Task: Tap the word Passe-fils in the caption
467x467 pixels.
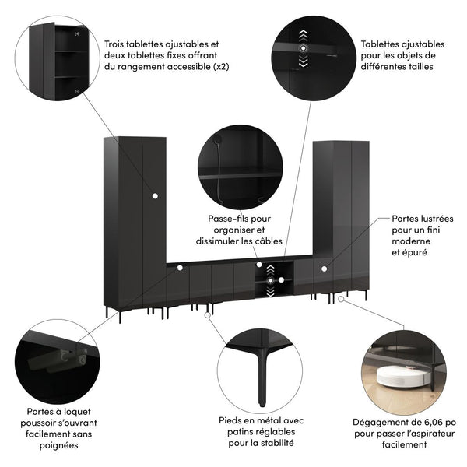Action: [225, 219]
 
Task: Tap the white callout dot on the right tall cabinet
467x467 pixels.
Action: [325, 269]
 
